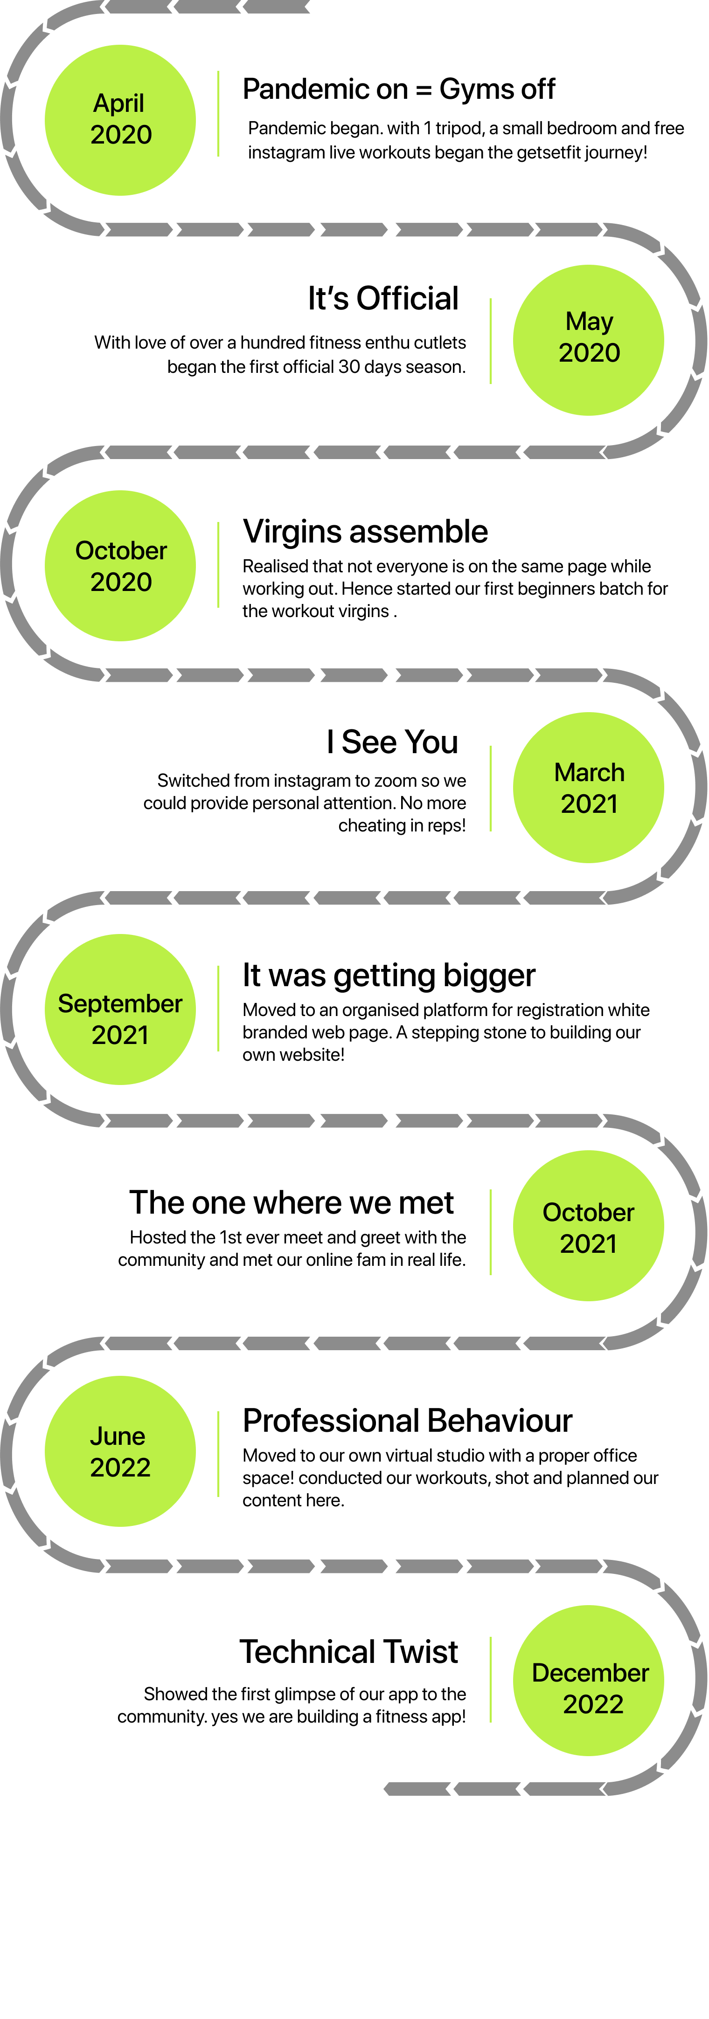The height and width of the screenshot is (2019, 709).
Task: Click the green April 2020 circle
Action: (120, 120)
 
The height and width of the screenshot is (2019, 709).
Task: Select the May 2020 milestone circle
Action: (588, 340)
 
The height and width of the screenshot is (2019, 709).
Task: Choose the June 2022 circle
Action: (120, 1451)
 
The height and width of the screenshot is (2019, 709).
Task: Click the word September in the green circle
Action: (120, 1003)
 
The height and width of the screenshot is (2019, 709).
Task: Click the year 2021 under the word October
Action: (588, 1244)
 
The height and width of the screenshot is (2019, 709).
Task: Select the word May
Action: (589, 321)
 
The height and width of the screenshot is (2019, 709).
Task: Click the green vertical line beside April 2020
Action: (218, 114)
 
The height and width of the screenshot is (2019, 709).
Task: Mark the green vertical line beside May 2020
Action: (491, 341)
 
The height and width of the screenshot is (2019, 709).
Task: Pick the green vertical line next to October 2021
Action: (491, 1232)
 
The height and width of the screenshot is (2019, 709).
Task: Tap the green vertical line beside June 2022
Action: (218, 1454)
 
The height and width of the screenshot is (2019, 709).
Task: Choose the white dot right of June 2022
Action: (361, 1436)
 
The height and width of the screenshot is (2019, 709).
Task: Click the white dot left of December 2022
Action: (361, 1661)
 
